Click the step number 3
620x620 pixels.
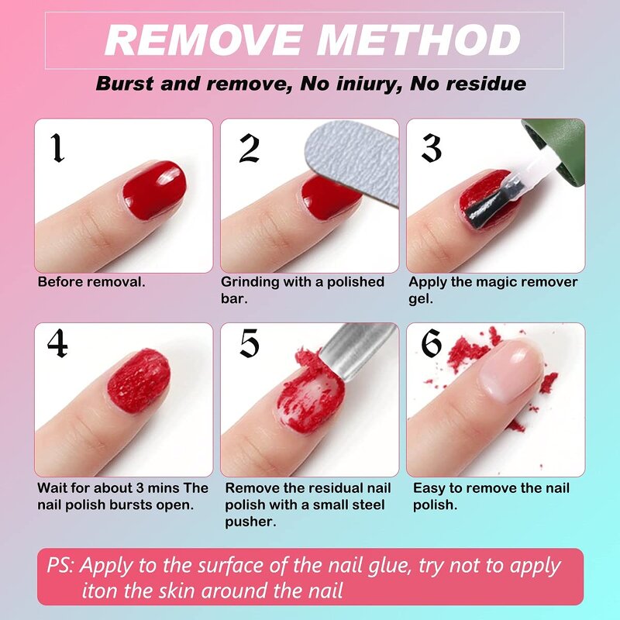pos(432,147)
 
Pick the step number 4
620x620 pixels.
pos(57,344)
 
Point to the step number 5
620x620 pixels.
pos(249,344)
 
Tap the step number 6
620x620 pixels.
pos(432,344)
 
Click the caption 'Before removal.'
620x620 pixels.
pos(91,282)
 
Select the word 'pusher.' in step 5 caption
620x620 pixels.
pos(250,522)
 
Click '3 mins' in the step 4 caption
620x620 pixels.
pos(160,488)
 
